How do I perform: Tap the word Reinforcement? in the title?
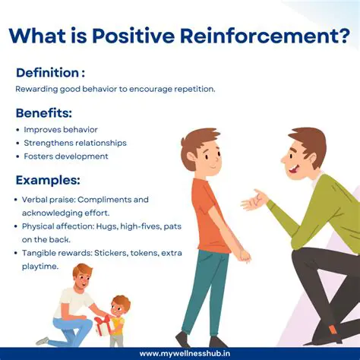point(270,36)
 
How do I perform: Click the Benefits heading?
point(44,113)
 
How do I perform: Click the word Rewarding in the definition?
point(37,89)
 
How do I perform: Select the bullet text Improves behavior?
point(61,130)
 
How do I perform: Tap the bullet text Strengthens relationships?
point(75,143)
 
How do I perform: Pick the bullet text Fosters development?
point(66,156)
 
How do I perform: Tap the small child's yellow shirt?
point(117,326)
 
